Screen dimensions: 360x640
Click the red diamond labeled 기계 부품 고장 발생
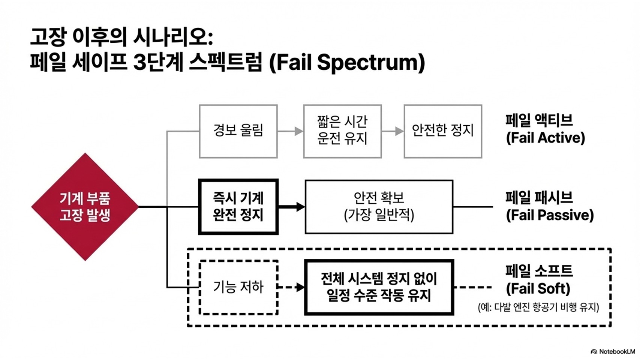(85, 207)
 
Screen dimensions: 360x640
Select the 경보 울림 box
(238, 131)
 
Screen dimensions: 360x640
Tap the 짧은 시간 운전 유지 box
(342, 131)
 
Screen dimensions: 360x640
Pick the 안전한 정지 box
(442, 131)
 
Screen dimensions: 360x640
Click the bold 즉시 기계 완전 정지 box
(238, 207)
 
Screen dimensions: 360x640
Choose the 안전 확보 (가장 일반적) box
(379, 207)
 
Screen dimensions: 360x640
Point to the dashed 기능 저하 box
(238, 287)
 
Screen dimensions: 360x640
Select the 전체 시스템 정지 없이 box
(379, 287)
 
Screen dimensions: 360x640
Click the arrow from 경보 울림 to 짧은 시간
(291, 131)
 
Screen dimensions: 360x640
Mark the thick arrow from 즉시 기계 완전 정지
(292, 207)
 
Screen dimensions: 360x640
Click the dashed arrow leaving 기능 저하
(291, 287)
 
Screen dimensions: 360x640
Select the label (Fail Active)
(545, 138)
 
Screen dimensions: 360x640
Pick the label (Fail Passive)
(550, 215)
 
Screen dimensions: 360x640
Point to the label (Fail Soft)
(538, 289)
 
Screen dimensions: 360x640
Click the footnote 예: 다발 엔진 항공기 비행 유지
(538, 307)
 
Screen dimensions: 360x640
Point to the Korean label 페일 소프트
(539, 271)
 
